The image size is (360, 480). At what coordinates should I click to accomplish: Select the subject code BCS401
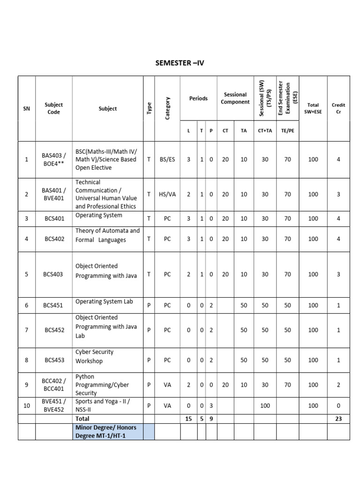54,218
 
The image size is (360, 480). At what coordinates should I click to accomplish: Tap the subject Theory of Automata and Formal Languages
107,235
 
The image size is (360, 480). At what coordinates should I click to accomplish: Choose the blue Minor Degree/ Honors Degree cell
107,432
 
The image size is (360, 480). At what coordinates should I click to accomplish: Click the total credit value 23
338,419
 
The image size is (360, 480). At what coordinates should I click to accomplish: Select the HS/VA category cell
167,194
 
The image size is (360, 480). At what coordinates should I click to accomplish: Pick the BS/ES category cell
167,159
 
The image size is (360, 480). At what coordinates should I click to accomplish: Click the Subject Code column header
54,109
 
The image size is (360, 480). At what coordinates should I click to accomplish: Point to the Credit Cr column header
338,109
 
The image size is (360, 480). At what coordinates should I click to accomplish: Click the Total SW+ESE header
313,109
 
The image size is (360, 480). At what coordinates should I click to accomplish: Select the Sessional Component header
235,98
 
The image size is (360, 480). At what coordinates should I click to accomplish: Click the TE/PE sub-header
287,131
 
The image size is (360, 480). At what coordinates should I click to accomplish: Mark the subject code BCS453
54,360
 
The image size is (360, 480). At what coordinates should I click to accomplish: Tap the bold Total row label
82,419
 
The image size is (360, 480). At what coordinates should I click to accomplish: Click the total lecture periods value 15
188,419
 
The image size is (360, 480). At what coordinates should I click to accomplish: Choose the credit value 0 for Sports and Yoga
338,406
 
